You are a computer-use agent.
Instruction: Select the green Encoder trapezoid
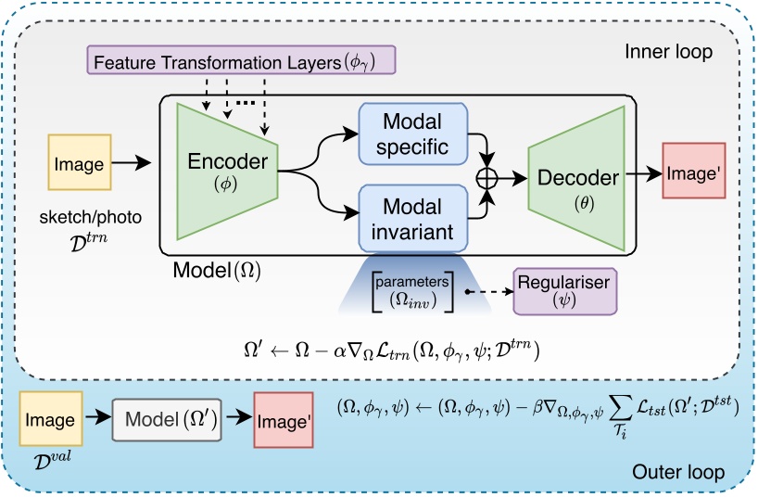pos(228,167)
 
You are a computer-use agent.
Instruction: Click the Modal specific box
pos(412,134)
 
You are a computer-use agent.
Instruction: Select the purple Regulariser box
pos(564,291)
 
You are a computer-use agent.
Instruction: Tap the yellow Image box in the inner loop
pos(79,165)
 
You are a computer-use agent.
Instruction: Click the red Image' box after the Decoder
pos(692,172)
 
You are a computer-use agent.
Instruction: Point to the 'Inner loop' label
pos(668,52)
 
